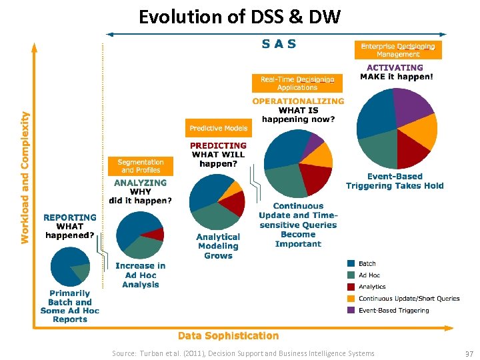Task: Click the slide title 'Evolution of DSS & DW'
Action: [239, 16]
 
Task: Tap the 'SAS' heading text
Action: [279, 45]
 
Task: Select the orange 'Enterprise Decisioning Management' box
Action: [397, 50]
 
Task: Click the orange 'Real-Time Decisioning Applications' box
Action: [297, 83]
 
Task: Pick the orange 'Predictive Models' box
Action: [218, 128]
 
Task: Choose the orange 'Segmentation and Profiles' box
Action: [141, 166]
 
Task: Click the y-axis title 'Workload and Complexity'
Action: [25, 167]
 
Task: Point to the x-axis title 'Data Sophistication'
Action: [228, 336]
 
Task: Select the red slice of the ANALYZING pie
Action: [154, 233]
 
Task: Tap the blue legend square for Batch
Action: [351, 264]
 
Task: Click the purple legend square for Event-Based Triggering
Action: [351, 310]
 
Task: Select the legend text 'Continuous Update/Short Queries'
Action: [409, 299]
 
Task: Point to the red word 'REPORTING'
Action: [70, 217]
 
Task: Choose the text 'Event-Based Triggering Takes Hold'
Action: [395, 181]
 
